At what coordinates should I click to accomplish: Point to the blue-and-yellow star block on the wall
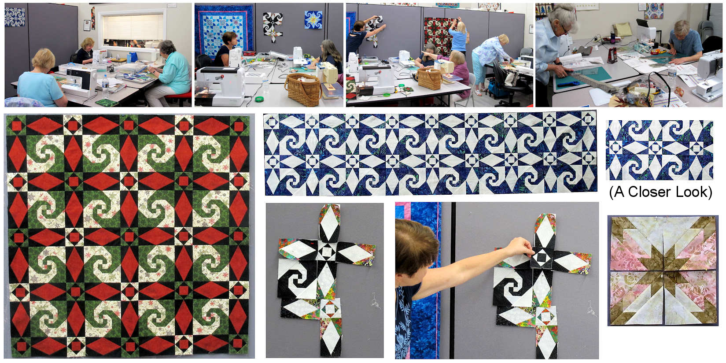pyautogui.click(x=313, y=20)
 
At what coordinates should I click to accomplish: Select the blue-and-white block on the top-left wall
pyautogui.click(x=15, y=17)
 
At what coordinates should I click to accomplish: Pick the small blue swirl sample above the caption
pyautogui.click(x=659, y=150)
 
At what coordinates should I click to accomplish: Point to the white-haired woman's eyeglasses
pyautogui.click(x=566, y=29)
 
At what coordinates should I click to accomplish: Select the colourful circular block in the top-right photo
pyautogui.click(x=653, y=11)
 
